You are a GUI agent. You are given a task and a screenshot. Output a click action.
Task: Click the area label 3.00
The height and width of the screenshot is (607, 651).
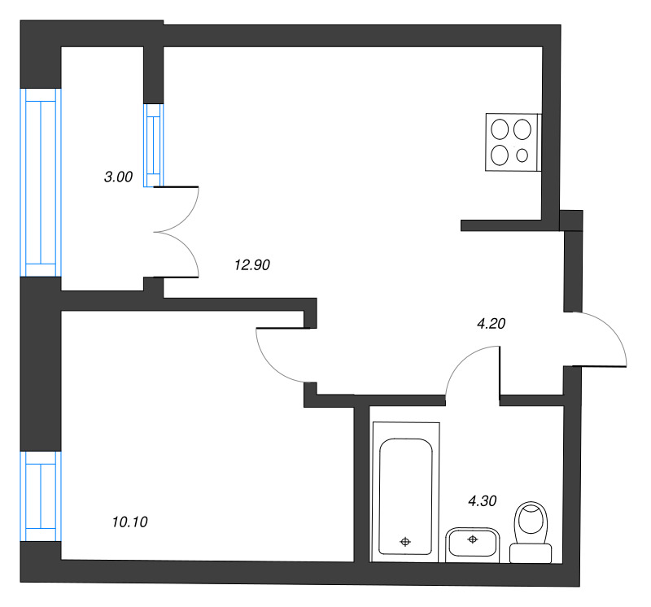coord(118,177)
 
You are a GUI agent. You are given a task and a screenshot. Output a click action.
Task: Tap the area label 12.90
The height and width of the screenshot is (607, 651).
coord(252,264)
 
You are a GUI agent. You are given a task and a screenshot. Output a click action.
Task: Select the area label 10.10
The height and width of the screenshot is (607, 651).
coord(130,522)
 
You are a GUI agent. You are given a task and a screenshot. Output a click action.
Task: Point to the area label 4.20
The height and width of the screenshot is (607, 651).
coord(492,323)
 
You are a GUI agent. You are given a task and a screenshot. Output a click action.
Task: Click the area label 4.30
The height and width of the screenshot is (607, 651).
coord(483,501)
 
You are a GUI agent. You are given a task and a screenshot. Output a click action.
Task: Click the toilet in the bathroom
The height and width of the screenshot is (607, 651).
coord(531,532)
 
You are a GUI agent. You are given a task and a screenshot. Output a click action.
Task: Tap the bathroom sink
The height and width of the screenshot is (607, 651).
coord(473,544)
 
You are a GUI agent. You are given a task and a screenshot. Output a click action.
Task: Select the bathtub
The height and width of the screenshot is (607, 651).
coord(405,492)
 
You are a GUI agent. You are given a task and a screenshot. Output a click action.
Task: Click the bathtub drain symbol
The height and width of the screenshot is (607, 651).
coord(405,542)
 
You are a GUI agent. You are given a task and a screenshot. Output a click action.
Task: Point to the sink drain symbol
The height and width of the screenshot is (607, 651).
coord(473,539)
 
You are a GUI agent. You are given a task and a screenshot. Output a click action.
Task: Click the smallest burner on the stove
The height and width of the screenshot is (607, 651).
coord(522,155)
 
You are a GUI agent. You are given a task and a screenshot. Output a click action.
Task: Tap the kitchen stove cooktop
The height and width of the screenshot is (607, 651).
coord(513,142)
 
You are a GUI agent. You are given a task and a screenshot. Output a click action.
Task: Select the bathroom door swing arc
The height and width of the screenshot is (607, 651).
coord(461,360)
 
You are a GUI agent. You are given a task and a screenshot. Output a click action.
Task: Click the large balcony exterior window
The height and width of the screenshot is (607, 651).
coord(41,182)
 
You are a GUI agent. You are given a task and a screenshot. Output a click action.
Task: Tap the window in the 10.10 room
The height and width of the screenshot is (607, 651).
coord(41,496)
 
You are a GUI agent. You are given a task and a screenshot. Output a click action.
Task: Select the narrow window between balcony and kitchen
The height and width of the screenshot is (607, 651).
coord(154,145)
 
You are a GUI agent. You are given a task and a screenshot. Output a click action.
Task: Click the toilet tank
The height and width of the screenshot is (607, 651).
coord(531,553)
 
